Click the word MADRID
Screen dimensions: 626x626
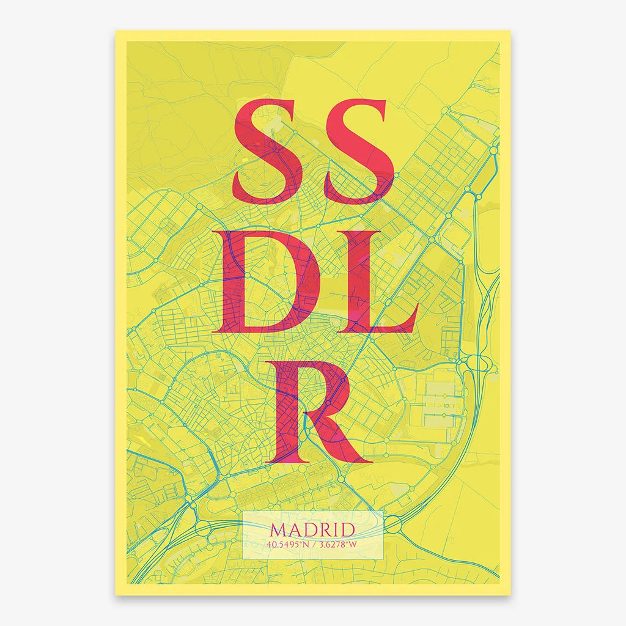pos(312,529)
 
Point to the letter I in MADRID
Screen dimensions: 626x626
pos(337,529)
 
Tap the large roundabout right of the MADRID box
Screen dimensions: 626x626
pos(393,524)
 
